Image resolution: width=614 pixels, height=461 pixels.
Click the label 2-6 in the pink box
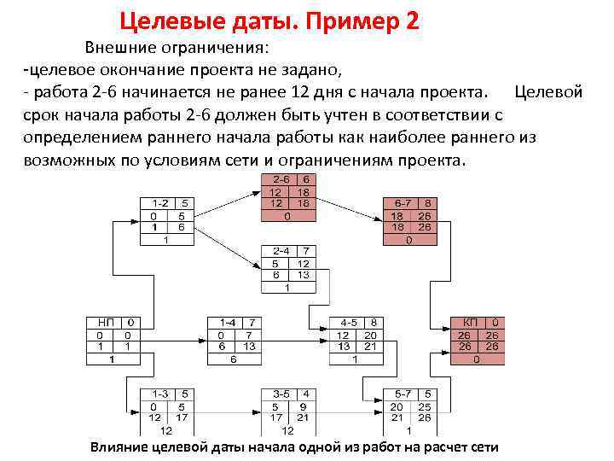(280, 180)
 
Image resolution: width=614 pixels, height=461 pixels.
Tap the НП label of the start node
(106, 323)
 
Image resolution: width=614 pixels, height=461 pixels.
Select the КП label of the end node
(470, 323)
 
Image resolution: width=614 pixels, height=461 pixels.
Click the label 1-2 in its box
(160, 203)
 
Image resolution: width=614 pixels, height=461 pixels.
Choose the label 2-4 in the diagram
(280, 251)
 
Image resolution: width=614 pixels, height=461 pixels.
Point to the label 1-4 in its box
(228, 323)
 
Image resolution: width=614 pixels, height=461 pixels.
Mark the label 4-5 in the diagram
(349, 323)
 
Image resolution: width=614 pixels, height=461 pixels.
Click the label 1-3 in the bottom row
(160, 394)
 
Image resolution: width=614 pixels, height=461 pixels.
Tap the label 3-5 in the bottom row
(281, 394)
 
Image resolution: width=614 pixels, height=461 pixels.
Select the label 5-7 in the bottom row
(403, 394)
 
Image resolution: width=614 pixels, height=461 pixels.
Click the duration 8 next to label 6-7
(429, 204)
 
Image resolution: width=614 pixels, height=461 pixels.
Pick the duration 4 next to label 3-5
(306, 394)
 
